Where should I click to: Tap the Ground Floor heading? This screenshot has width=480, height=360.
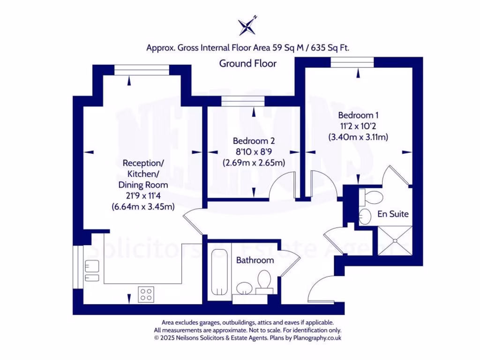click(x=248, y=63)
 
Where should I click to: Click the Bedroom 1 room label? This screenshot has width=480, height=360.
click(x=359, y=115)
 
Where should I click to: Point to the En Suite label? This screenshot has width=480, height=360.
click(x=393, y=214)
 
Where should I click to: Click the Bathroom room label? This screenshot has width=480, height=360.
click(x=255, y=260)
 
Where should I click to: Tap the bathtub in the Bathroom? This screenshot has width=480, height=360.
click(x=218, y=272)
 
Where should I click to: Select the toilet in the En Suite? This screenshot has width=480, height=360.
click(x=373, y=196)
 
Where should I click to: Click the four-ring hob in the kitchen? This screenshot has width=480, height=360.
click(x=146, y=294)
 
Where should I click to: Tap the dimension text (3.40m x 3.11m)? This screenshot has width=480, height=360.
click(x=359, y=137)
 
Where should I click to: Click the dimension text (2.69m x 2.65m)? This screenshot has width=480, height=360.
click(x=254, y=163)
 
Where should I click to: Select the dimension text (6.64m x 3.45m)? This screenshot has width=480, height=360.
click(x=143, y=206)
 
